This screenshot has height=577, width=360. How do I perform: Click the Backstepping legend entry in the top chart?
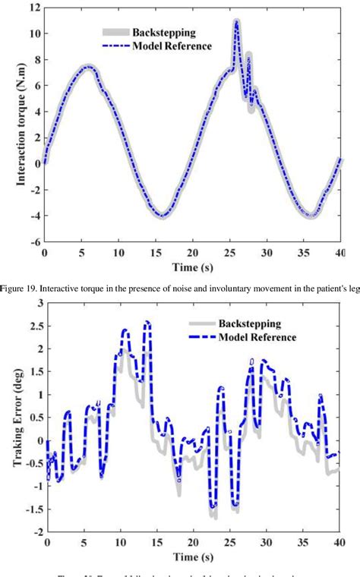click(166, 33)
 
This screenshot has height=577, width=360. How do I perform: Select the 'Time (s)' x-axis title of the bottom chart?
click(193, 559)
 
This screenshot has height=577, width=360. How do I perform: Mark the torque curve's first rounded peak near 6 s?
click(88, 67)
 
